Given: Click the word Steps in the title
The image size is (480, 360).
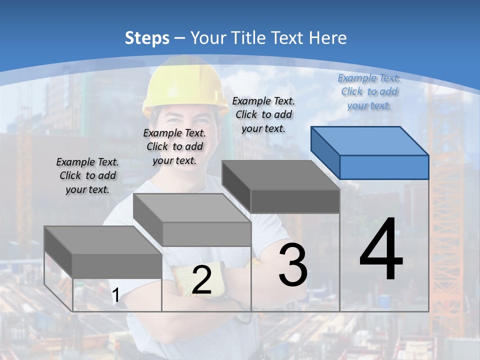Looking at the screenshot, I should (147, 38).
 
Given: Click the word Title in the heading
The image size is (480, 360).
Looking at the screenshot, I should (250, 38).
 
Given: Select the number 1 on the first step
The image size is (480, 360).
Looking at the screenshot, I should (115, 295).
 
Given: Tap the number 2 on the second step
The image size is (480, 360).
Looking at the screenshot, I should (201, 280).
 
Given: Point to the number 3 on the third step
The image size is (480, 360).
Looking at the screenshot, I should (293, 265).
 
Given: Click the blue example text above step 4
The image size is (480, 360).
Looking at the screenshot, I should (369, 91).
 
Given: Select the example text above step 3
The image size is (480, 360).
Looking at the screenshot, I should (263, 114).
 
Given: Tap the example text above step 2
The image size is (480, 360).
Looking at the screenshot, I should (174, 146).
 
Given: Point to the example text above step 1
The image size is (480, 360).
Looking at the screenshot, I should (87, 175).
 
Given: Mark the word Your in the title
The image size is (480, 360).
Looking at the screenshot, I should (209, 38).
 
